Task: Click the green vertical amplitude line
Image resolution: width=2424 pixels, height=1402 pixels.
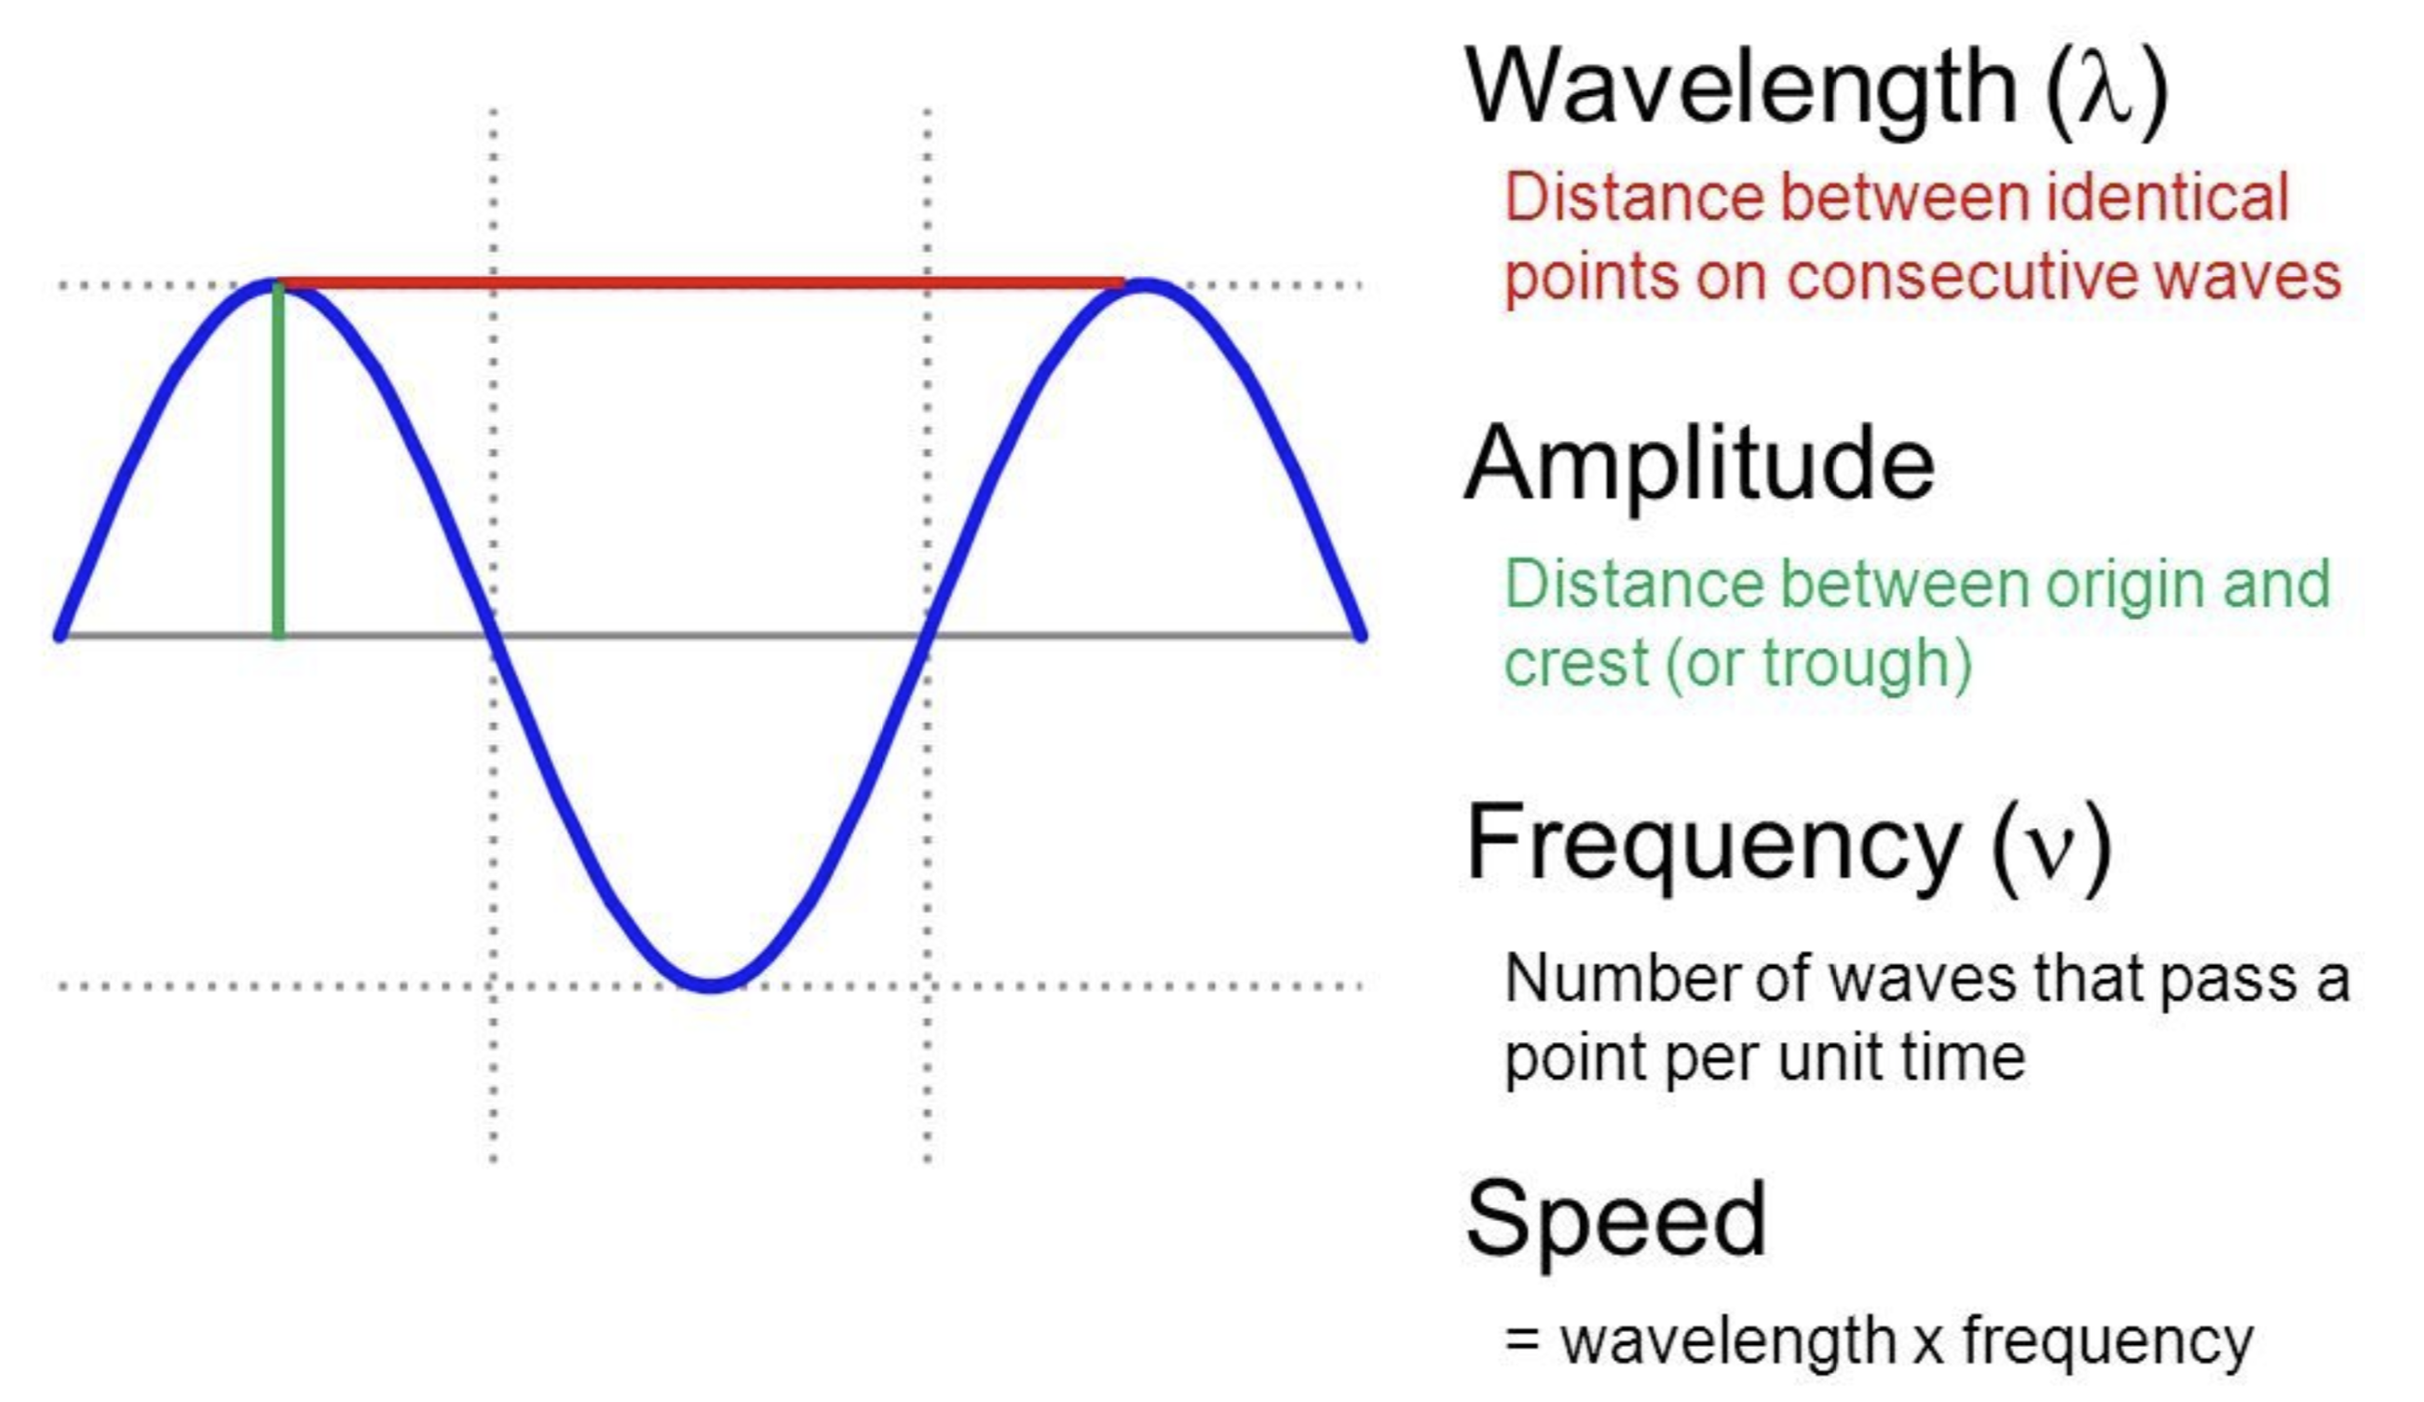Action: coord(278,461)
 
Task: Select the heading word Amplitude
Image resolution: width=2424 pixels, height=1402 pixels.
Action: coord(1698,465)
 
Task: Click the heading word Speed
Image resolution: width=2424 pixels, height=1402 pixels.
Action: coord(1616,1220)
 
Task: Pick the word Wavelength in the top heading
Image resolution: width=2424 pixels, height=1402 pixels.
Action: coord(1740,89)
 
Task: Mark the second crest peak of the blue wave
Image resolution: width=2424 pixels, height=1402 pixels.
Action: coord(1145,285)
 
